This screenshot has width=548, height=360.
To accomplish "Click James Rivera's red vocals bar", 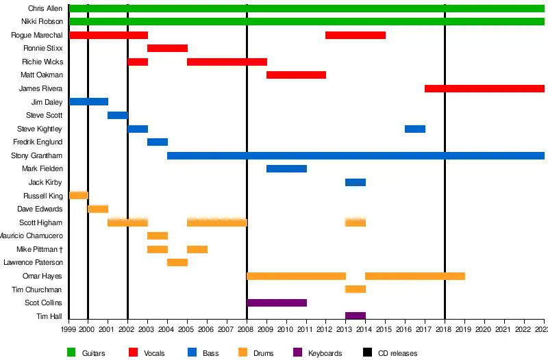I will point(484,89).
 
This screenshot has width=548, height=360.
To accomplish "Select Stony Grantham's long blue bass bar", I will point(356,156).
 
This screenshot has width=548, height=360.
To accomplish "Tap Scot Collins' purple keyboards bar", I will point(277,303).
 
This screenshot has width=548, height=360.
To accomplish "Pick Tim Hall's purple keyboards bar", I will point(356,316).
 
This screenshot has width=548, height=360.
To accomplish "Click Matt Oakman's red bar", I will point(296,75).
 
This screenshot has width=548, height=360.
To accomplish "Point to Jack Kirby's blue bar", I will point(356,183).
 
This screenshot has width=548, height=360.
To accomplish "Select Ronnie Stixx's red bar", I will point(167,49).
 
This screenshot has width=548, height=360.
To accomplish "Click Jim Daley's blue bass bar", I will point(88,102).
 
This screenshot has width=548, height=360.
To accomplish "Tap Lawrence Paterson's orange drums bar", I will point(177,263).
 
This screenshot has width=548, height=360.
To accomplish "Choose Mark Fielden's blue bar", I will point(286,169).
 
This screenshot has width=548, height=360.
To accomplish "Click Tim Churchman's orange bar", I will point(356,290).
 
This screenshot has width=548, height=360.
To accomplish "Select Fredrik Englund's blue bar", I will point(158,142).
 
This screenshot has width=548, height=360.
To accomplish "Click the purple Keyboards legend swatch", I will point(297,352).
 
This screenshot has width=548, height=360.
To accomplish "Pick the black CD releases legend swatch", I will point(368,352).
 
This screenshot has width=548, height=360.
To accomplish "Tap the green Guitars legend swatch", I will point(71,352).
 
